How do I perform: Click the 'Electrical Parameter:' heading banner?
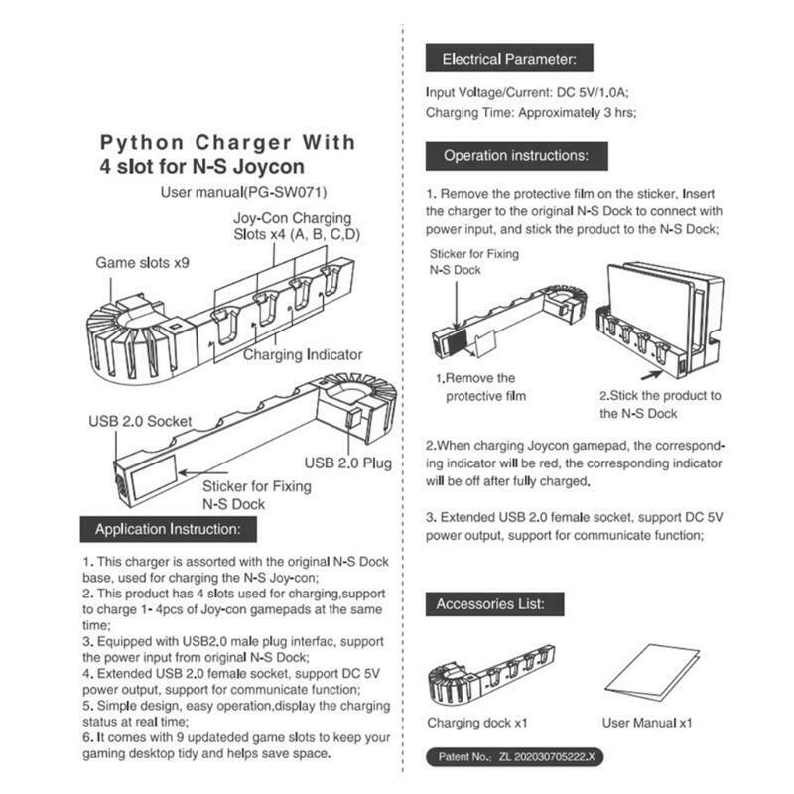pyautogui.click(x=509, y=59)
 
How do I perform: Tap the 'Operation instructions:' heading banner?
pyautogui.click(x=516, y=156)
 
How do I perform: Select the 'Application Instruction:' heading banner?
pyautogui.click(x=168, y=529)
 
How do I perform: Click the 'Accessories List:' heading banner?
pyautogui.click(x=494, y=604)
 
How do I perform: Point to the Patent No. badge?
pyautogui.click(x=514, y=757)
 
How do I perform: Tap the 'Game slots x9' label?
pyautogui.click(x=142, y=263)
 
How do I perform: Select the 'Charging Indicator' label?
pyautogui.click(x=303, y=355)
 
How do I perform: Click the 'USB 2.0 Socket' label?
pyautogui.click(x=140, y=421)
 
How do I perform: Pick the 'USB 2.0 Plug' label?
pyautogui.click(x=348, y=463)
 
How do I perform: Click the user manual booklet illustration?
pyautogui.click(x=652, y=673)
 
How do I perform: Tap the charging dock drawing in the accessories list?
pyautogui.click(x=490, y=674)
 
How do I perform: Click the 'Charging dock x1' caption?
pyautogui.click(x=477, y=723)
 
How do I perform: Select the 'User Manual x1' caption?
pyautogui.click(x=647, y=723)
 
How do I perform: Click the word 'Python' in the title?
pyautogui.click(x=142, y=142)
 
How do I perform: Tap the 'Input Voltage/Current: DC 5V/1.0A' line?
pyautogui.click(x=527, y=92)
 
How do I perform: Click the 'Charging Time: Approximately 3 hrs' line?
pyautogui.click(x=531, y=112)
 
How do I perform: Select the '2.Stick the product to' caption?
pyautogui.click(x=660, y=395)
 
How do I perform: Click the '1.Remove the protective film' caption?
pyautogui.click(x=480, y=387)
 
